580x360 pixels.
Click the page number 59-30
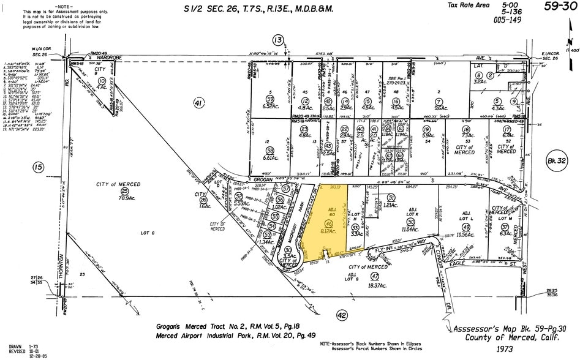[x=559, y=7]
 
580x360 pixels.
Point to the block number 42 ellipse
[x=342, y=315]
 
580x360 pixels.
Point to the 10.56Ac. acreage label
[x=467, y=234]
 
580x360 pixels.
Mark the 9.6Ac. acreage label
[x=439, y=108]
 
